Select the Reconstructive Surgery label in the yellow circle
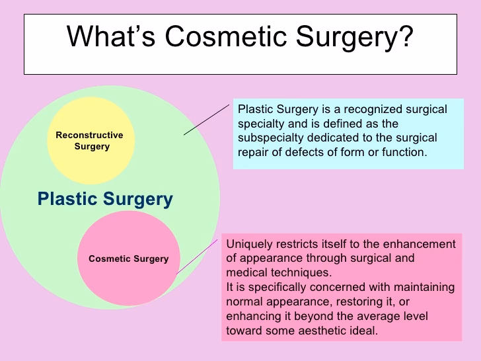[90, 141]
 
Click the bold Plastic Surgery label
[105, 199]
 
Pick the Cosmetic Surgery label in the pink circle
[128, 259]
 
